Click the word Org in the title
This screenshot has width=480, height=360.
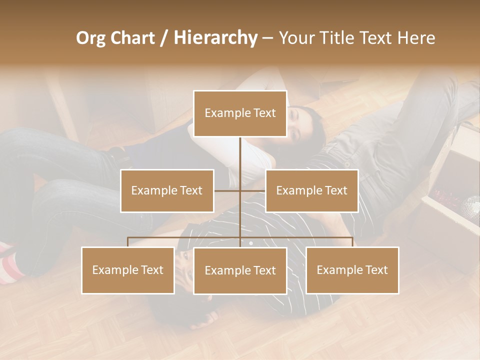tap(91, 38)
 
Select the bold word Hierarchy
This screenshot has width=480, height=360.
tap(215, 38)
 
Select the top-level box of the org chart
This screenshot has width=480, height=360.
tap(240, 113)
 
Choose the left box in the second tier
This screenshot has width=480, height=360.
tap(167, 190)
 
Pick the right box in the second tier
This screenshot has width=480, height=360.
tap(311, 190)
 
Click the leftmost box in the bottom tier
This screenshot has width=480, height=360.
tap(128, 270)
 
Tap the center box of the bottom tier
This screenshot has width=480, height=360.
tap(240, 270)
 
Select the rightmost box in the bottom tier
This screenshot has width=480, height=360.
tap(352, 270)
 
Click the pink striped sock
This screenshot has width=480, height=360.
tap(10, 262)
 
